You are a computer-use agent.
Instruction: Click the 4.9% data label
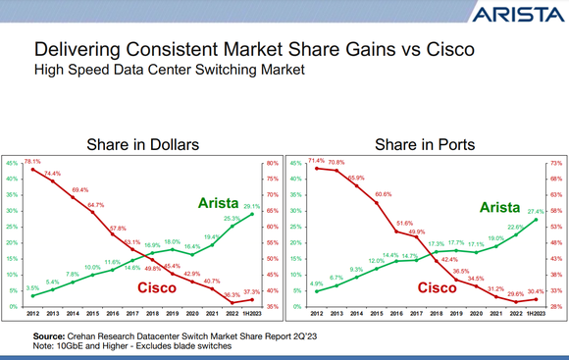tap(316, 283)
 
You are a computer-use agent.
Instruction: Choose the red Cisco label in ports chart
tap(439, 287)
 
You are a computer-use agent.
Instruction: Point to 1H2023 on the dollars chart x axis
tap(252, 314)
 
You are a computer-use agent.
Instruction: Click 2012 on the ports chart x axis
tap(316, 314)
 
